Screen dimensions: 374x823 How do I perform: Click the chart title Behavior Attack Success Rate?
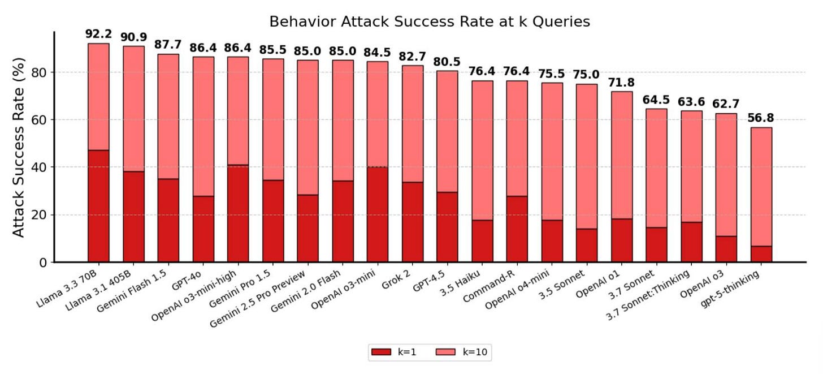coord(430,22)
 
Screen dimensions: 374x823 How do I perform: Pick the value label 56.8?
coord(761,118)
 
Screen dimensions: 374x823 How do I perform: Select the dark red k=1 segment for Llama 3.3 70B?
coord(98,206)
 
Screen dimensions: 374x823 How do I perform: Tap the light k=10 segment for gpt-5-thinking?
coord(761,187)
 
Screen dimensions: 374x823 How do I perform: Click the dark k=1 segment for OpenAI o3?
coord(726,249)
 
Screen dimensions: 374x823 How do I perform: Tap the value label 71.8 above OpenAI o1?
coord(622,83)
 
